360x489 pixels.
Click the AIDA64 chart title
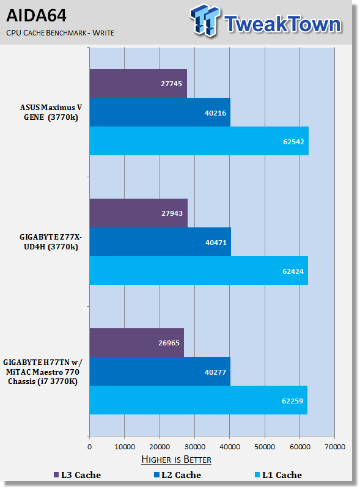tap(36, 16)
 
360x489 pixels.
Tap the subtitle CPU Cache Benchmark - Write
tap(61, 33)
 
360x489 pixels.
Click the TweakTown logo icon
tap(204, 20)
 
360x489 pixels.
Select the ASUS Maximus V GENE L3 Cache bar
tap(138, 84)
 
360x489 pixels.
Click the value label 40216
tap(215, 113)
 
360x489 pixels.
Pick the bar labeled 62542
tap(199, 141)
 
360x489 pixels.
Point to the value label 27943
tap(172, 213)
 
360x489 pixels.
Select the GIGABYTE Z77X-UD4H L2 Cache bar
tap(160, 242)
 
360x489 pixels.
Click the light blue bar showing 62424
tap(199, 271)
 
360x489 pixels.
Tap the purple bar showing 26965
tap(137, 343)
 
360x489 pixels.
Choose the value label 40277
tap(215, 372)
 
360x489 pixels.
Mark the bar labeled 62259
tap(199, 400)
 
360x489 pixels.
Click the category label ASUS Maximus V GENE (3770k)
tap(51, 112)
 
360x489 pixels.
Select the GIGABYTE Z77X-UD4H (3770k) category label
tap(51, 242)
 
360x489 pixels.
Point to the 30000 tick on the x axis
tap(194, 447)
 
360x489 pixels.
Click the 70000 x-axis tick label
tap(335, 447)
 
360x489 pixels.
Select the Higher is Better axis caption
tap(176, 460)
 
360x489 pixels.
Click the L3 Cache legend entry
tap(77, 475)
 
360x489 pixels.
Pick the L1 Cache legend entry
tap(278, 475)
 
